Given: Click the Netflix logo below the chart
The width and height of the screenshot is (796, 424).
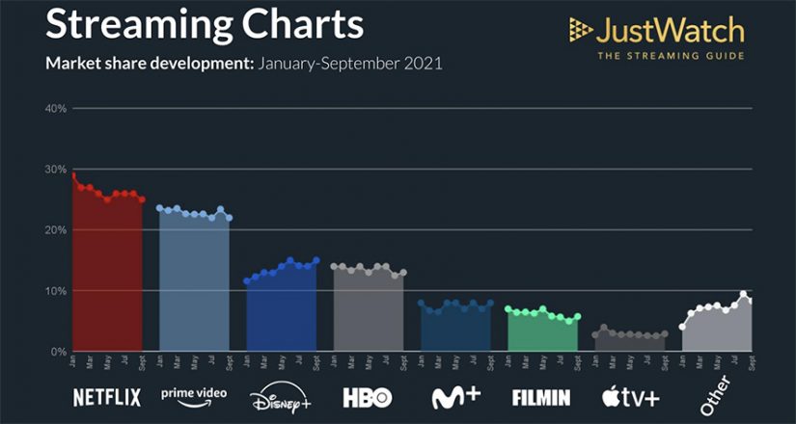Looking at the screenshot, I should point(107,396).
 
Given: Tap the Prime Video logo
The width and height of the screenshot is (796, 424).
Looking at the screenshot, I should point(193,395).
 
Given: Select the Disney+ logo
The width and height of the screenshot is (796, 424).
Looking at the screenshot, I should point(279,397).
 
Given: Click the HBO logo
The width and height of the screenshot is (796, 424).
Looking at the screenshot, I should point(369,396).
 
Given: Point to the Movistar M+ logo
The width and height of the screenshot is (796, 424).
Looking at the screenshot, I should point(455,396).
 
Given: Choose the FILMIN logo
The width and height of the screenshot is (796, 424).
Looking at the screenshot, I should point(541,396).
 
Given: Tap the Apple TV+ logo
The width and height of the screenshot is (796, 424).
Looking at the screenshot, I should point(630,396).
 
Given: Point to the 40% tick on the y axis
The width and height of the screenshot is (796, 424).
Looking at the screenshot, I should point(55,108).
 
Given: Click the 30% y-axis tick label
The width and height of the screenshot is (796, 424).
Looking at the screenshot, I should point(55,169).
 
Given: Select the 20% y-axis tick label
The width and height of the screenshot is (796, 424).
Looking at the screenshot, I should point(55,229).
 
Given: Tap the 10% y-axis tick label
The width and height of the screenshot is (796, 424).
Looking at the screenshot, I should point(55,290).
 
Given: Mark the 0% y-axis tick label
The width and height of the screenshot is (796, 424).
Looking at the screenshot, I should point(58,352).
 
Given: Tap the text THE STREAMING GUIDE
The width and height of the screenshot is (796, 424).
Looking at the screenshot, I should point(671,56).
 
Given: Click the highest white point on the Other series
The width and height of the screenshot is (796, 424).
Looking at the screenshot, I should point(743,295).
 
